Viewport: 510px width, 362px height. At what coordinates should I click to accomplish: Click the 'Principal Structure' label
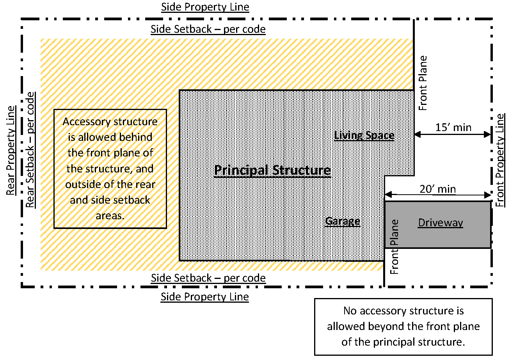point(272,170)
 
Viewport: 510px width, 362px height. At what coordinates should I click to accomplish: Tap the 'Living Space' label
point(364,135)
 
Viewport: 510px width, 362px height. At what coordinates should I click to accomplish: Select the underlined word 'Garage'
point(343,221)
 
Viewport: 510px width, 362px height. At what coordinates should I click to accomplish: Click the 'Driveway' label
point(441,223)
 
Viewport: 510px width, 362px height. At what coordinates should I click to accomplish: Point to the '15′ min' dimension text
point(453,127)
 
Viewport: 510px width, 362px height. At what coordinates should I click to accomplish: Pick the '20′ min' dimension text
point(437,189)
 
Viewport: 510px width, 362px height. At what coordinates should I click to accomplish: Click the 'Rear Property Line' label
point(11,151)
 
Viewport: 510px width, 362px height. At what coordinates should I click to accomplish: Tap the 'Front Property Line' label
point(500,160)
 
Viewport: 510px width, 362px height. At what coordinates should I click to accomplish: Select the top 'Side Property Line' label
point(205,7)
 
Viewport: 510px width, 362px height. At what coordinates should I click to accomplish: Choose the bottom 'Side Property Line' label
point(205,297)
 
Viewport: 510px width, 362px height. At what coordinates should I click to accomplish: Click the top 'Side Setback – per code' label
point(208,29)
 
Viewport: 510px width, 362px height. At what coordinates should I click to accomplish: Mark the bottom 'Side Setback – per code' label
point(208,278)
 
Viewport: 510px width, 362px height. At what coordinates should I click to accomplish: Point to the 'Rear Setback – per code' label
point(30,150)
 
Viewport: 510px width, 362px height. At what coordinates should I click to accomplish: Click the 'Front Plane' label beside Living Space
point(423,83)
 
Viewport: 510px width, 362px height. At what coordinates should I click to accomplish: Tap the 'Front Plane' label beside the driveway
point(394,247)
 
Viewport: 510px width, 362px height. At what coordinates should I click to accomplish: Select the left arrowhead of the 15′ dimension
point(418,134)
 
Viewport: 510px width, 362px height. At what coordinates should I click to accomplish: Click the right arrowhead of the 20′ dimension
point(487,195)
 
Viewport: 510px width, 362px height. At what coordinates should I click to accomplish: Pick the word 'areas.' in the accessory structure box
point(110,216)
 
